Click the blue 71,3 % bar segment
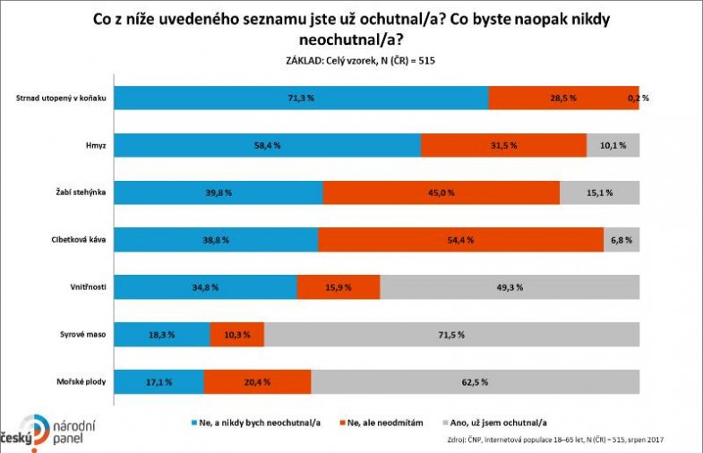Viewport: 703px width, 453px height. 301,97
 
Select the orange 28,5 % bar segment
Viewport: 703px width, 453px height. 562,97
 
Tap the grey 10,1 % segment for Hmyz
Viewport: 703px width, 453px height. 613,144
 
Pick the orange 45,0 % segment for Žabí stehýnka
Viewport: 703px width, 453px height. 441,192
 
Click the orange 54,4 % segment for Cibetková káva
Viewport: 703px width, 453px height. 460,240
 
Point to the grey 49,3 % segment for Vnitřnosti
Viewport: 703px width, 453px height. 510,287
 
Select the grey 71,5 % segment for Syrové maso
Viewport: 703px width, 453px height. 451,334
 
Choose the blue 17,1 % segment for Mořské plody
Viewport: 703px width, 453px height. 159,381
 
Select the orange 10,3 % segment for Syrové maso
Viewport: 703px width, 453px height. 236,334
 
